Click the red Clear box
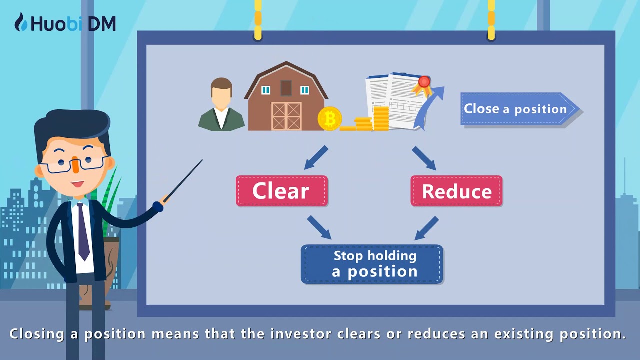click(281, 191)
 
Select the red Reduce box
click(456, 191)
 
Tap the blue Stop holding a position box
click(372, 264)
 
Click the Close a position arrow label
click(518, 109)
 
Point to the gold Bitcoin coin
click(330, 119)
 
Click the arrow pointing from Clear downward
click(319, 227)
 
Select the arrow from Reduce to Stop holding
click(426, 228)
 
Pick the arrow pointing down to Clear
click(316, 157)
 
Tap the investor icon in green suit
click(221, 106)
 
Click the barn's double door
click(286, 116)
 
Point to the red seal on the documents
click(424, 82)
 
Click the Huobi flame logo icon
click(21, 22)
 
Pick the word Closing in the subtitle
click(37, 334)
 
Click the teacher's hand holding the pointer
click(159, 205)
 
